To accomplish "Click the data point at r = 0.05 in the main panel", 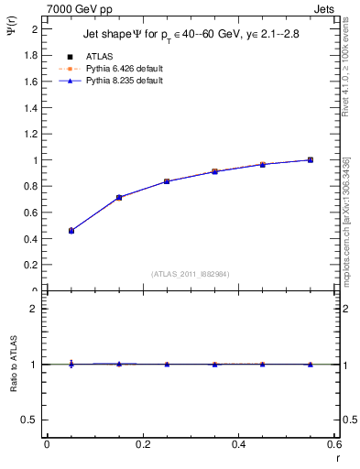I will (x=71, y=231).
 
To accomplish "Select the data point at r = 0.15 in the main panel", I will (x=119, y=197).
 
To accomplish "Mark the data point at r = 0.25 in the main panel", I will (x=167, y=181).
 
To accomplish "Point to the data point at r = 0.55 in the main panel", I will (x=311, y=159).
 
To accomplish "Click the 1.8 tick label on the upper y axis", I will (x=29, y=55).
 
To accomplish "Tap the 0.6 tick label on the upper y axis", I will (x=29, y=213).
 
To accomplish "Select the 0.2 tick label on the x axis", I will (x=142, y=444).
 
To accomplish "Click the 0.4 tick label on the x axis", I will (x=238, y=444).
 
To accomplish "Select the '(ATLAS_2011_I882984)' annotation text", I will (x=191, y=273).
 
